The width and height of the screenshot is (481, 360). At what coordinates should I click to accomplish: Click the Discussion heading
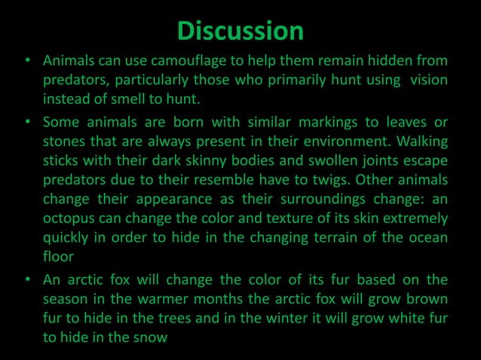tap(240, 31)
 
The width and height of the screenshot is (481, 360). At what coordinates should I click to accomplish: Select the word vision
tap(428, 79)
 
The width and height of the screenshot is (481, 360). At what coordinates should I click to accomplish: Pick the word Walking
tap(420, 141)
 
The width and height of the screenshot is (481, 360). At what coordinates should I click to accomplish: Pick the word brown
tap(427, 299)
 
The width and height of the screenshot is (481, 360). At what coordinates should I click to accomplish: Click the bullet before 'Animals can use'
tap(26, 61)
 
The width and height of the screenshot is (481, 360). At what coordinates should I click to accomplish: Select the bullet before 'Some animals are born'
tap(26, 122)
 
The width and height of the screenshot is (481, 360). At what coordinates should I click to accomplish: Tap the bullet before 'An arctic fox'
tap(26, 281)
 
